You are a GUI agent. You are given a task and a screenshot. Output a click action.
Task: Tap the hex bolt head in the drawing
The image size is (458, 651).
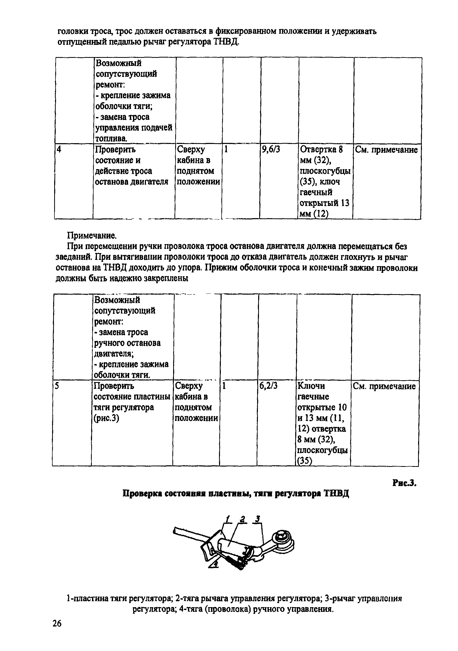coord(283,535)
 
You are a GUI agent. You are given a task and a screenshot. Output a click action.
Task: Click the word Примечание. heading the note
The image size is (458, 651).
coord(92,236)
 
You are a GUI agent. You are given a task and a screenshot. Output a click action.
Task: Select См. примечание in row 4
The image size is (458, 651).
coord(386,150)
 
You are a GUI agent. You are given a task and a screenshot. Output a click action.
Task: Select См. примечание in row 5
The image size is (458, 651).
coord(384,386)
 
